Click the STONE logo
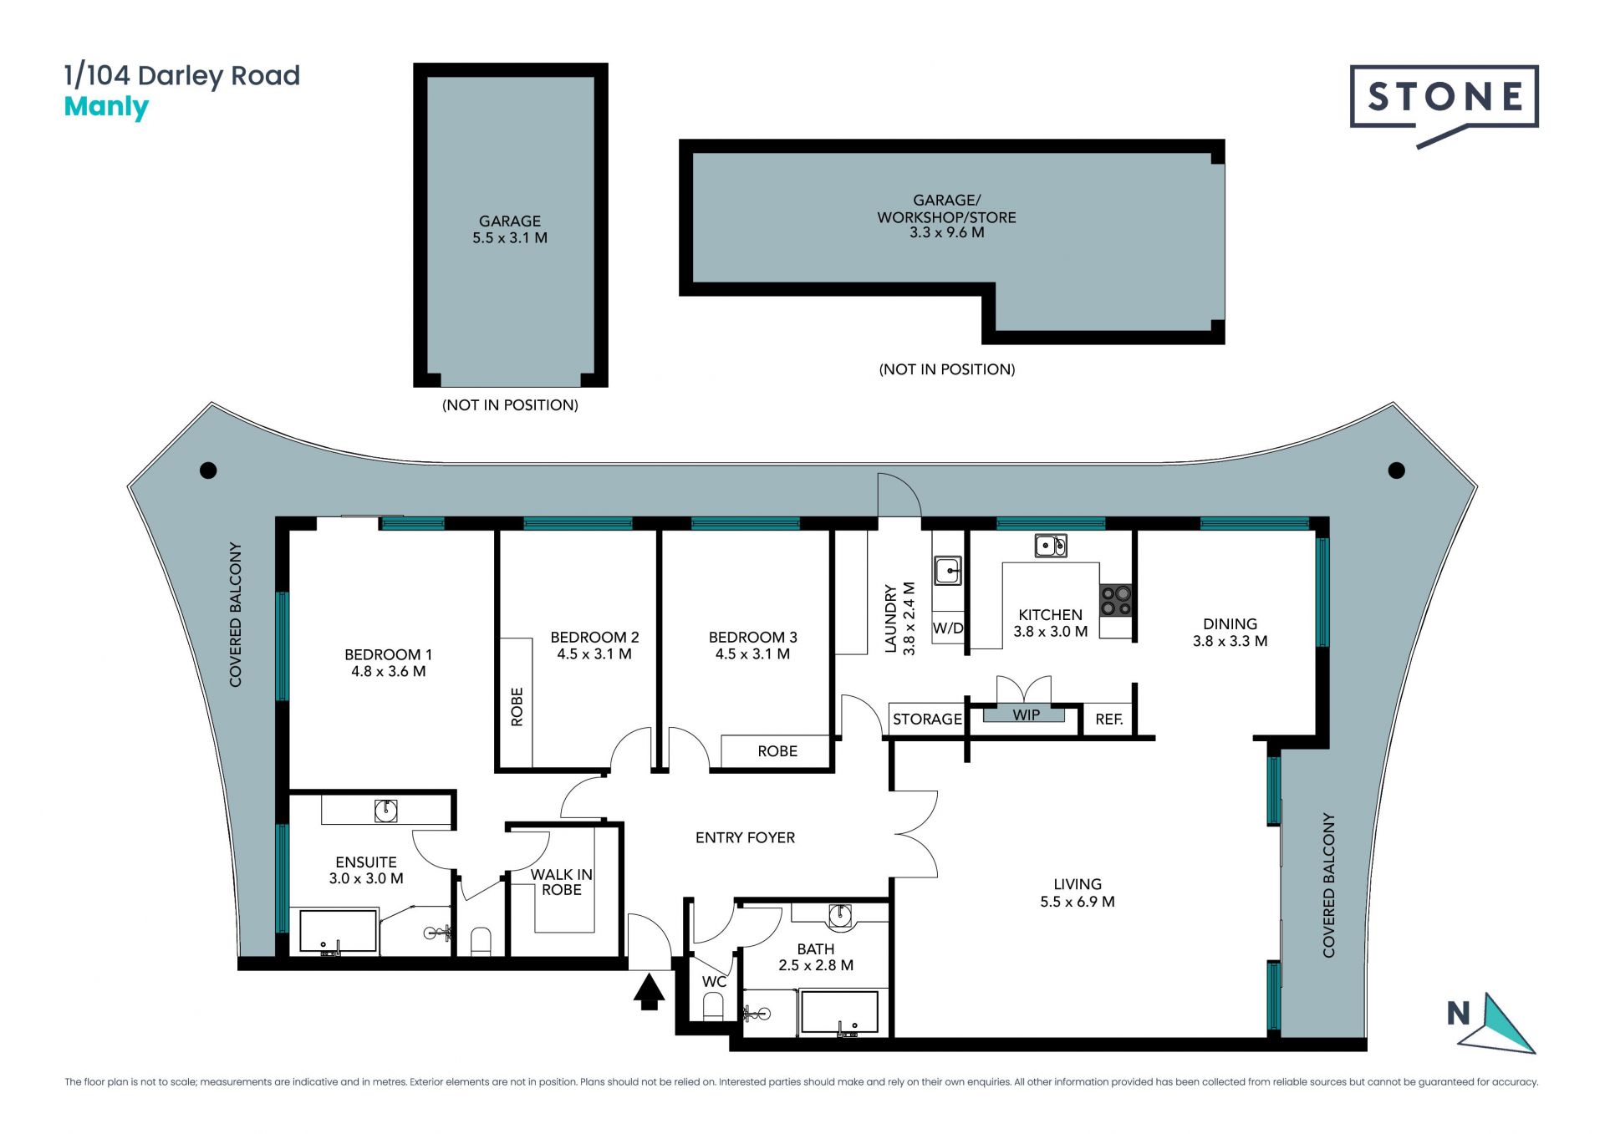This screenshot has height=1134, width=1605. tap(1444, 98)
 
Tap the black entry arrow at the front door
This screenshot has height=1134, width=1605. tap(649, 992)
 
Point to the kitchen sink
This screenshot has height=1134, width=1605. tap(1051, 546)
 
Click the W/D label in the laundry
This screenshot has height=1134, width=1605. tap(948, 628)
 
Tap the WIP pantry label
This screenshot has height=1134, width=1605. tap(1027, 715)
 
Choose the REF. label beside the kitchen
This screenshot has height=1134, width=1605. tap(1109, 720)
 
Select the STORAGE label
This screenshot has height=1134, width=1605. tap(927, 720)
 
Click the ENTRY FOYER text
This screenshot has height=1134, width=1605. tap(745, 837)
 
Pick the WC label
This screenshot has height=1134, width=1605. tap(714, 982)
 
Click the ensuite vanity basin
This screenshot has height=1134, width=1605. tap(385, 810)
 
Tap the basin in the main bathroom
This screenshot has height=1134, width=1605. tap(839, 916)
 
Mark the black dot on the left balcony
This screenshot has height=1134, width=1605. tap(209, 470)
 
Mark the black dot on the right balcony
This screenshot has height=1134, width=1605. tap(1396, 470)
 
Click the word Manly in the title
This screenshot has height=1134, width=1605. tap(106, 108)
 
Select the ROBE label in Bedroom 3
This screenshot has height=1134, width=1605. tap(777, 751)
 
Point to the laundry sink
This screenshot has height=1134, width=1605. tap(948, 572)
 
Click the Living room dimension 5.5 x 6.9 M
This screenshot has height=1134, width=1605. tap(1078, 902)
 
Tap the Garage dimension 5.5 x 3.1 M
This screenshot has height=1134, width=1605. tap(510, 238)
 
